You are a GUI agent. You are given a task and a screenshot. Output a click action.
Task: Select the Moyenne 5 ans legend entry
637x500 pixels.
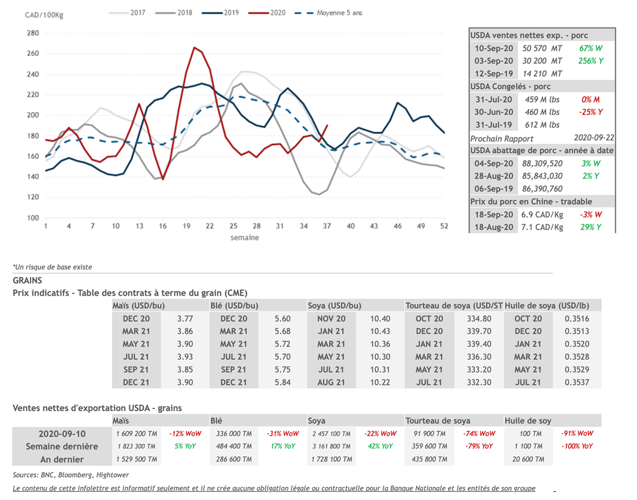pos(339,12)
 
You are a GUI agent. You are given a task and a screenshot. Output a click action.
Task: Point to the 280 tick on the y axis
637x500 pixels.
pos(32,33)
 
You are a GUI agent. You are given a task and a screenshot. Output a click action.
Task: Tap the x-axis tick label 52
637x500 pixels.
pos(444,226)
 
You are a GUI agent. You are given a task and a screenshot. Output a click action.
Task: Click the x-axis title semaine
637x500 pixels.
pos(244,237)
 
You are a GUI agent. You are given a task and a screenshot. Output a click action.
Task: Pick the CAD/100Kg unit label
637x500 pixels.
pos(44,15)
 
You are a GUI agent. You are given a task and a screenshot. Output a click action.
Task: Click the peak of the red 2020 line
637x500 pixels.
pos(195,47)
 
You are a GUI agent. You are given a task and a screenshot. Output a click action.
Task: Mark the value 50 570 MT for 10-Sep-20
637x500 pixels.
pos(542,48)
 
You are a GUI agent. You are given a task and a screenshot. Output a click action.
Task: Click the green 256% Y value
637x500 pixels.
pos(590,61)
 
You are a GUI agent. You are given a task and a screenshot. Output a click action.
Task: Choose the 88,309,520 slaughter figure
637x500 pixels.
pos(542,163)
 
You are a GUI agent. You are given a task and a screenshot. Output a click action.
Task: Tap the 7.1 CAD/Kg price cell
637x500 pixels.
pos(542,227)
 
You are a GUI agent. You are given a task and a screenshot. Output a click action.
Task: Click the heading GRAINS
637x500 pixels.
pos(27,281)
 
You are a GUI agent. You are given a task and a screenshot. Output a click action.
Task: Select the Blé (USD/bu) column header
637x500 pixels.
pos(235,306)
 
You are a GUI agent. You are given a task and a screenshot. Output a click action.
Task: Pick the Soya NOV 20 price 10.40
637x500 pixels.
pos(380,319)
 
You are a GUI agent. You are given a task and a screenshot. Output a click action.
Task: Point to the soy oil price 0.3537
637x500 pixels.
pos(577,382)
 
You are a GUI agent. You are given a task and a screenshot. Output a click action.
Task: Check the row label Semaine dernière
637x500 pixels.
pos(62,446)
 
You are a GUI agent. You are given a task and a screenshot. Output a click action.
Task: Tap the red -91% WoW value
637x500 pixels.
pos(577,433)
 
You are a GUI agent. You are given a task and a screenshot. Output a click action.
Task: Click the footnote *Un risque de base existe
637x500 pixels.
pos(52,267)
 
